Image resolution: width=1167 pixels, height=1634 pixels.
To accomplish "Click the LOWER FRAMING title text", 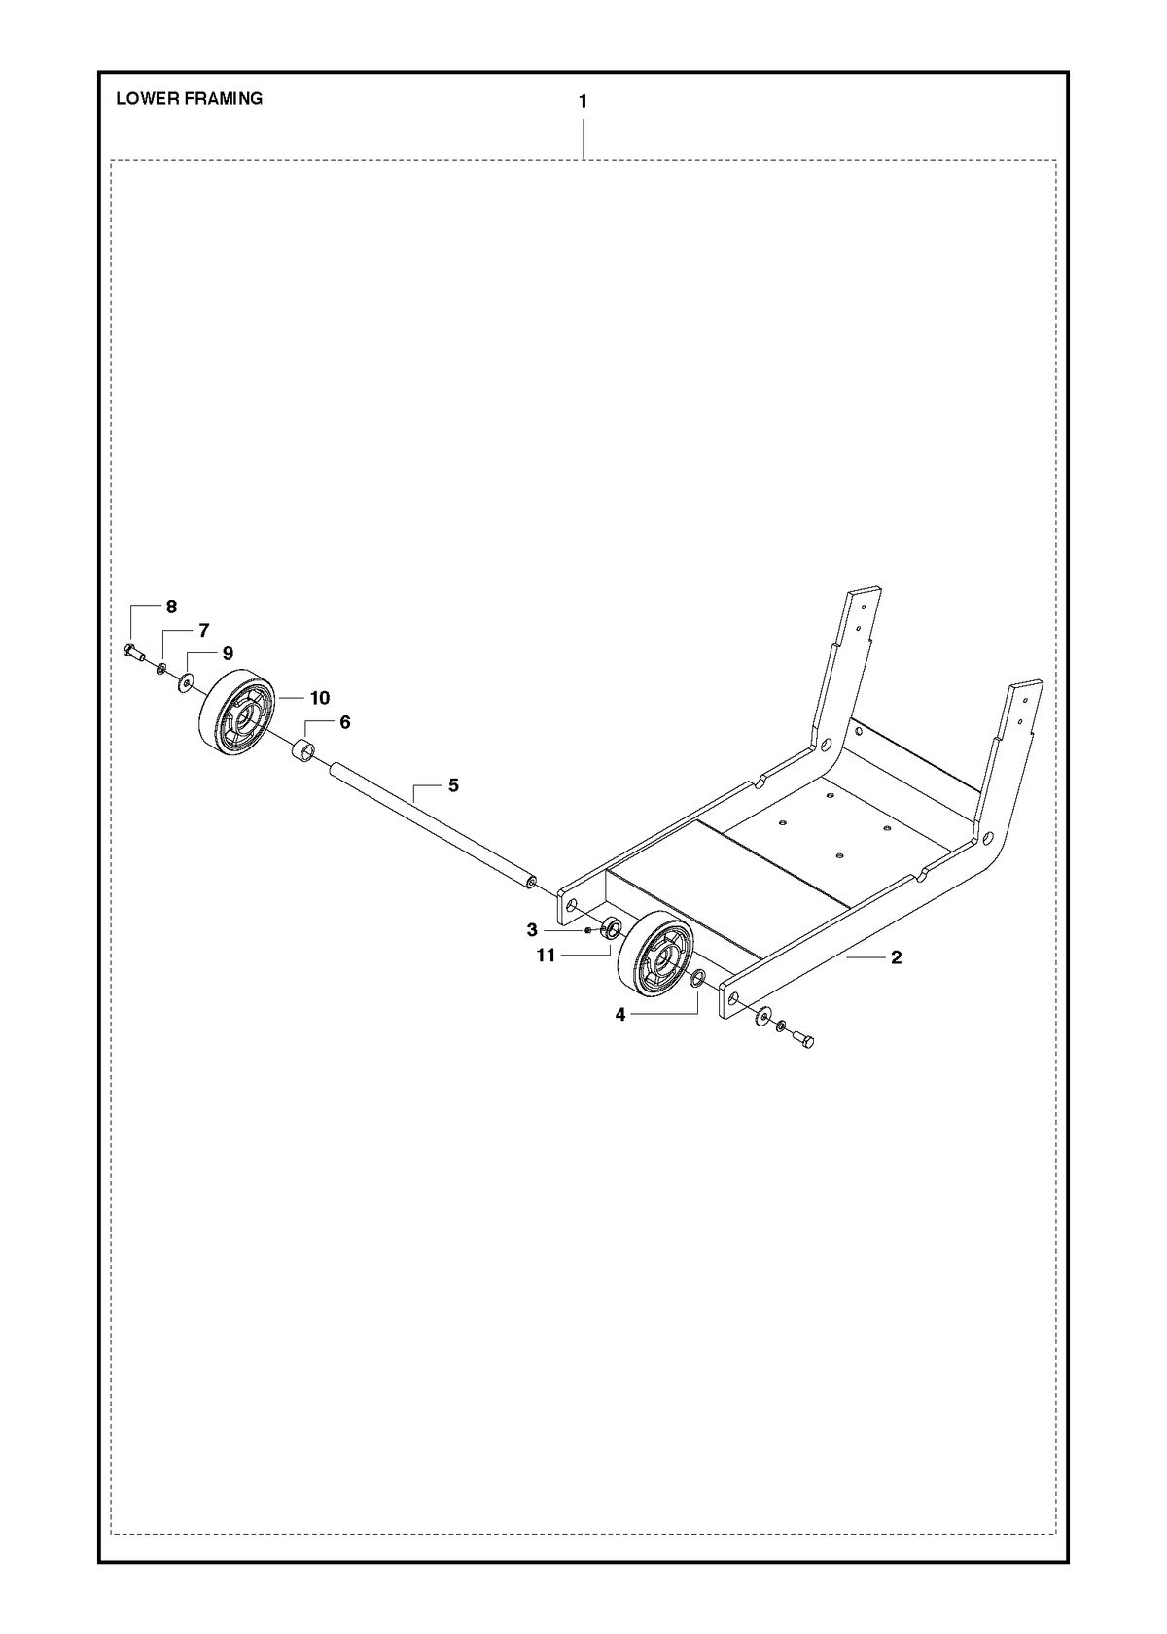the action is click(189, 98).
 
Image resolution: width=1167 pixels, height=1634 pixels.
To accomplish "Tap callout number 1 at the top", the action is click(583, 102).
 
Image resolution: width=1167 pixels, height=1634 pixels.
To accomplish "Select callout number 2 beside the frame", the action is click(897, 957).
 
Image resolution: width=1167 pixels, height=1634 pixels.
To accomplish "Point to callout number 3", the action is click(531, 930).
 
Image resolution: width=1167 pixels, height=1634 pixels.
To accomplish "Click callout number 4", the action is click(619, 1014).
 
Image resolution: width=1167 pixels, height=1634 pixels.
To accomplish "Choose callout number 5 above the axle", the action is click(453, 785).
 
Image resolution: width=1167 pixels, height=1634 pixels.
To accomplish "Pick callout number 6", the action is click(344, 722).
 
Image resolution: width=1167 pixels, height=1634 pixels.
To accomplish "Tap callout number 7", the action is click(203, 630).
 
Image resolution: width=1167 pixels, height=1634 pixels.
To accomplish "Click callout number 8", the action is click(171, 607).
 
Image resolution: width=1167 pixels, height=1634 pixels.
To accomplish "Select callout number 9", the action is click(228, 653).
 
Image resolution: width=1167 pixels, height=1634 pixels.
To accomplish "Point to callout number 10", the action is click(320, 698).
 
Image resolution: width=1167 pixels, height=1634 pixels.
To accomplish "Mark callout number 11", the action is click(546, 955).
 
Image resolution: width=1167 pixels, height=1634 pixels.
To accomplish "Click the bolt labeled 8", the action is click(133, 651).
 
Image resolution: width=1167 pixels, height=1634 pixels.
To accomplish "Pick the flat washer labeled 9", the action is click(185, 682).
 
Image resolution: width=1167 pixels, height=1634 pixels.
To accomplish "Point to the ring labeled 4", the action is click(697, 978).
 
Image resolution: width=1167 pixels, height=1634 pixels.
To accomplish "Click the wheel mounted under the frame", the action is click(654, 955).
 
